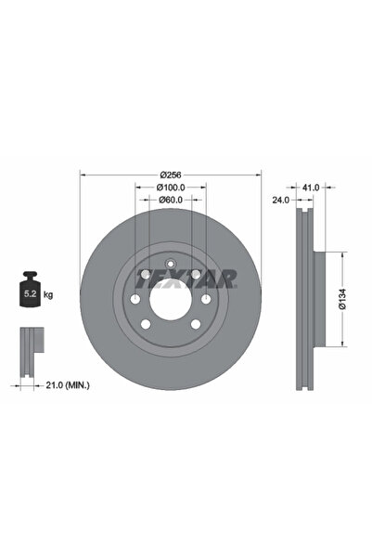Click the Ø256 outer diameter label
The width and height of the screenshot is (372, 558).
point(170,175)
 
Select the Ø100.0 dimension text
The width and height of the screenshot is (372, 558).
point(170,187)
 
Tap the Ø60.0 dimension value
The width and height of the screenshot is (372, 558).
point(170,200)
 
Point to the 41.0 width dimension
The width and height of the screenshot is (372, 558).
point(311,187)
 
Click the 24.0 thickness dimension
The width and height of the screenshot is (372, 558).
point(280,198)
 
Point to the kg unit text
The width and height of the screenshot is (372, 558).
point(48,294)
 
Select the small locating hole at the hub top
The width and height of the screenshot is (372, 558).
point(170,263)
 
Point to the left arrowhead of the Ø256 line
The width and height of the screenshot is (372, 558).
point(83,174)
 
